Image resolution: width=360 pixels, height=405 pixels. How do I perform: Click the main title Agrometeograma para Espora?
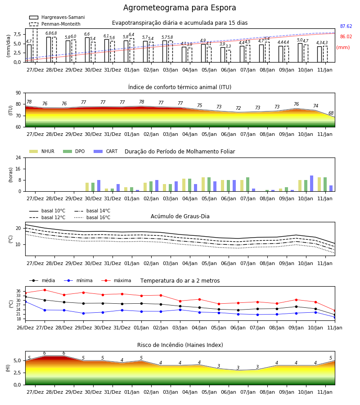click(180, 8)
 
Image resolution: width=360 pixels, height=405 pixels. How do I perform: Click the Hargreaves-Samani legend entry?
click(57, 17)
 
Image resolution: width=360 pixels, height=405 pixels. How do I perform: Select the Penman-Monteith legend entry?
click(55, 24)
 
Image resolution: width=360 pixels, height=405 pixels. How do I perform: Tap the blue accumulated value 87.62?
click(346, 27)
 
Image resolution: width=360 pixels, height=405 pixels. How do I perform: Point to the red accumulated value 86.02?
click(346, 37)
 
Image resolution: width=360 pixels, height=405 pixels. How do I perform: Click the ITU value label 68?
click(331, 113)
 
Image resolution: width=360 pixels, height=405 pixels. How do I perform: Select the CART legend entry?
click(106, 151)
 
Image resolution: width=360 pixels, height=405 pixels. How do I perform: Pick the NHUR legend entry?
click(42, 151)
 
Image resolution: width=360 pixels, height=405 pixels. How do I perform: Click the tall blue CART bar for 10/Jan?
click(312, 184)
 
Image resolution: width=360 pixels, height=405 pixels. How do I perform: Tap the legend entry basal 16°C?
click(92, 217)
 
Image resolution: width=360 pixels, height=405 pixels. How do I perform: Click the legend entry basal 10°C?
click(47, 211)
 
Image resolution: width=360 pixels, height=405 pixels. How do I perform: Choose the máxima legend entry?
click(116, 280)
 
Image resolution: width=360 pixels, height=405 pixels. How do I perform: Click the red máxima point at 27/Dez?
click(45, 290)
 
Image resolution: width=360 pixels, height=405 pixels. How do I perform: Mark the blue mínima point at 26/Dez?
click(25, 301)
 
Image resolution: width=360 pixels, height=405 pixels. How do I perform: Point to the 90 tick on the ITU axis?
click(18, 93)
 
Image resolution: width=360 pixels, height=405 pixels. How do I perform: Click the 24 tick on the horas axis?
click(18, 157)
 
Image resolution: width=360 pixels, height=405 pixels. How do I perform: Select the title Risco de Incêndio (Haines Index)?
click(180, 345)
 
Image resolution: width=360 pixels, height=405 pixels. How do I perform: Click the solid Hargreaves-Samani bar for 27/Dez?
click(29, 54)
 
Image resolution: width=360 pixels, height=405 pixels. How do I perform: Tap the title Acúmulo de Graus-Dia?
click(180, 216)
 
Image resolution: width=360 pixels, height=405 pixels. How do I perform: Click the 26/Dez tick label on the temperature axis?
click(25, 328)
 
